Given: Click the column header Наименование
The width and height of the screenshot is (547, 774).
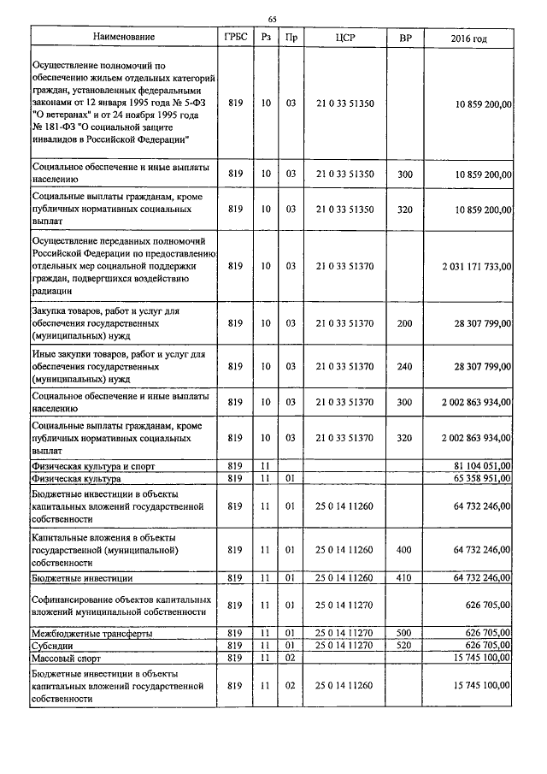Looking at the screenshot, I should coord(124,38).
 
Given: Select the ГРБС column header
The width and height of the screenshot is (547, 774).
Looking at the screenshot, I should coord(237,38).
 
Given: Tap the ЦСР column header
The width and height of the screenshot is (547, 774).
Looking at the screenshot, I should coord(344,38).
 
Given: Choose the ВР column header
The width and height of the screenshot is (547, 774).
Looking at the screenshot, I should coord(405,38).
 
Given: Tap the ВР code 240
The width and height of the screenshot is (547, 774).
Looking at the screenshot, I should coord(405,366).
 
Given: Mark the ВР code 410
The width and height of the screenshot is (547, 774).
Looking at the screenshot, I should coord(405,579).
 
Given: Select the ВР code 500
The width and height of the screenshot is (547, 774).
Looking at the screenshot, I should coord(405,633).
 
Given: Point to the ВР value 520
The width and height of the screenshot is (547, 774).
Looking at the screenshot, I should coord(405,646).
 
